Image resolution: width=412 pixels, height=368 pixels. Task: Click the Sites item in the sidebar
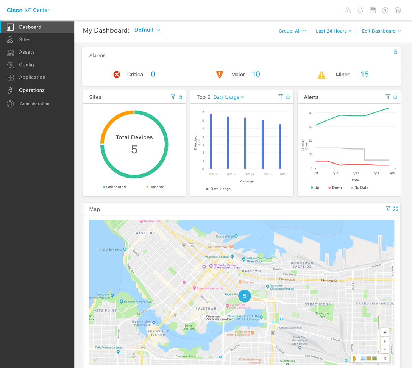[x=25, y=39]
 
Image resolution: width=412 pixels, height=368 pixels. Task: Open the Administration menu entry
[x=34, y=104]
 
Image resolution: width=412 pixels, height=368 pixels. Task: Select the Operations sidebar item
[x=32, y=90]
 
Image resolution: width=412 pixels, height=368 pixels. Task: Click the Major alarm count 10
[x=256, y=74]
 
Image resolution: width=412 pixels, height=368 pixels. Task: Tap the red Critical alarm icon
[x=117, y=75]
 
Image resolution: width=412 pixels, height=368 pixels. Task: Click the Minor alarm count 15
[x=364, y=74]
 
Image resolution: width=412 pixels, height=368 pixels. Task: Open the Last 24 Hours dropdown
[x=334, y=31]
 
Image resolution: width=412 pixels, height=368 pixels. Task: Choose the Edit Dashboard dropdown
[x=381, y=31]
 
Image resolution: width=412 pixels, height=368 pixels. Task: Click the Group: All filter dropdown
[x=292, y=31]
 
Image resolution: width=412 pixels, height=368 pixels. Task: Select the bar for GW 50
[x=211, y=142]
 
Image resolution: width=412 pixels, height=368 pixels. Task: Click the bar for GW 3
[x=280, y=147]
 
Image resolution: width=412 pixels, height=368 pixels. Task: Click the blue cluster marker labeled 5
[x=245, y=296]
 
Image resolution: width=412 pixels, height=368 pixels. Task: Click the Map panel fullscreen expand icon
[x=395, y=209]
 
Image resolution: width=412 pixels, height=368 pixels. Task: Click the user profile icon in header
[x=398, y=11]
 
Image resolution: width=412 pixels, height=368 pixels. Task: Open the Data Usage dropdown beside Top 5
[x=229, y=97]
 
